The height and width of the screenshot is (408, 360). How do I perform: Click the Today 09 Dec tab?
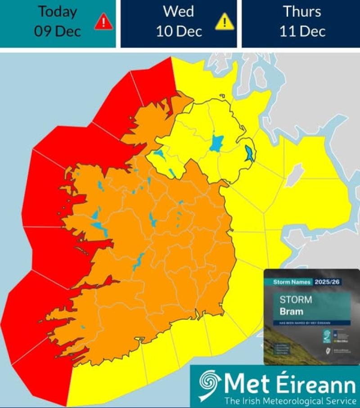tap(58, 22)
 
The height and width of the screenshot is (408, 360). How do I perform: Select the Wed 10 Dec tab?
tap(179, 22)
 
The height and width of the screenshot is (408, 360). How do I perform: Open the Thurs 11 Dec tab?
tap(301, 22)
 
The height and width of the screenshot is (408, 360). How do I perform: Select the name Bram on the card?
tap(291, 311)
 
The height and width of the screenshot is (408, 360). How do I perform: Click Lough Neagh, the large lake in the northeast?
tap(217, 143)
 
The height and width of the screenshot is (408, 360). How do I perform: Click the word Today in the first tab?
tap(58, 12)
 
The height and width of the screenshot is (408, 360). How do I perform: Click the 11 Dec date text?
tap(301, 31)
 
